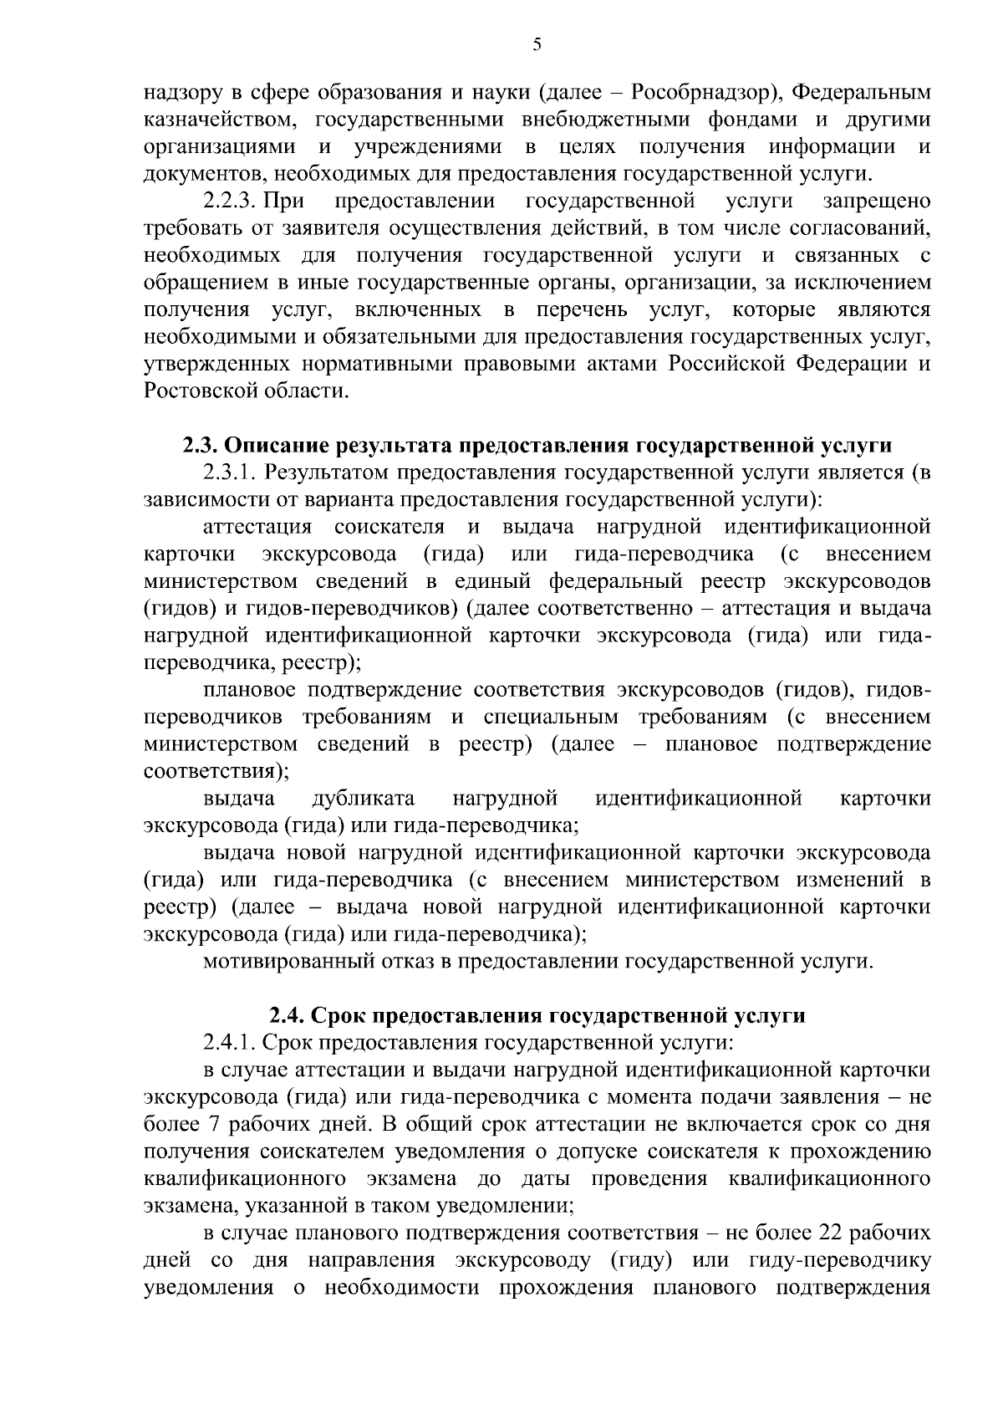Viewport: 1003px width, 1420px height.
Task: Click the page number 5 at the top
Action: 537,45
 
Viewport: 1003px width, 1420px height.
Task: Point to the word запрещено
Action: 877,202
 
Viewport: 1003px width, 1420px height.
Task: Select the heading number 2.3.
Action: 201,444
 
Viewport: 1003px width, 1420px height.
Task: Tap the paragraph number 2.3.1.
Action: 230,472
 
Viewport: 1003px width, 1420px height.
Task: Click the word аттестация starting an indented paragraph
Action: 257,527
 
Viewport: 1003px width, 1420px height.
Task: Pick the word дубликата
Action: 363,799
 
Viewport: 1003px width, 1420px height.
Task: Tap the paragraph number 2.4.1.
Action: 230,1043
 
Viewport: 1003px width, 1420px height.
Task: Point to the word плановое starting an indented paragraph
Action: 250,690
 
